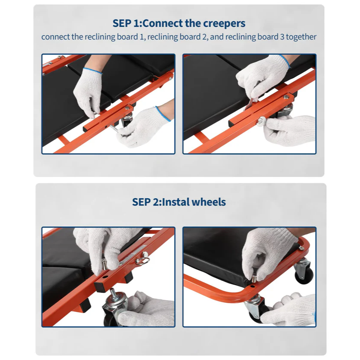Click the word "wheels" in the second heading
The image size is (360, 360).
pyautogui.click(x=209, y=202)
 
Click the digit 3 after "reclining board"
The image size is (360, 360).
pyautogui.click(x=282, y=37)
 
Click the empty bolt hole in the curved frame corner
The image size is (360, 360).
pyautogui.click(x=252, y=286)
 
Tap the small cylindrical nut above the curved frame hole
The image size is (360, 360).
pyautogui.click(x=254, y=279)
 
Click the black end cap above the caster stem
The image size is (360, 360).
pyautogui.click(x=100, y=287)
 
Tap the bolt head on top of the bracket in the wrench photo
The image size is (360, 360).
pyautogui.click(x=286, y=97)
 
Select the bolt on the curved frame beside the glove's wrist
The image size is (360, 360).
pyautogui.click(x=301, y=248)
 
